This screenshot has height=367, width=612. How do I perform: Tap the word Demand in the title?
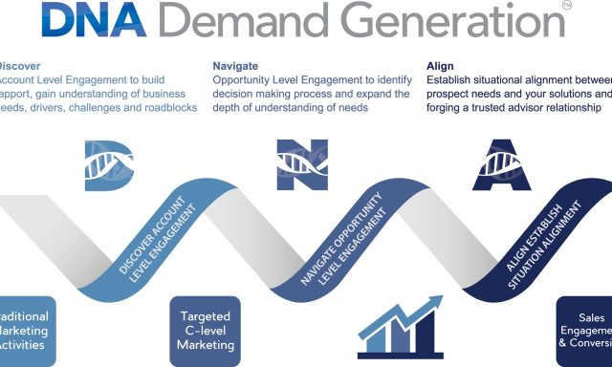point(252,20)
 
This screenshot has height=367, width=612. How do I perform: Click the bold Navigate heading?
point(235,66)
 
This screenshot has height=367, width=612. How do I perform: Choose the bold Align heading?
point(441,66)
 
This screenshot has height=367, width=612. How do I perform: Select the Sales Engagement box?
point(585,331)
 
